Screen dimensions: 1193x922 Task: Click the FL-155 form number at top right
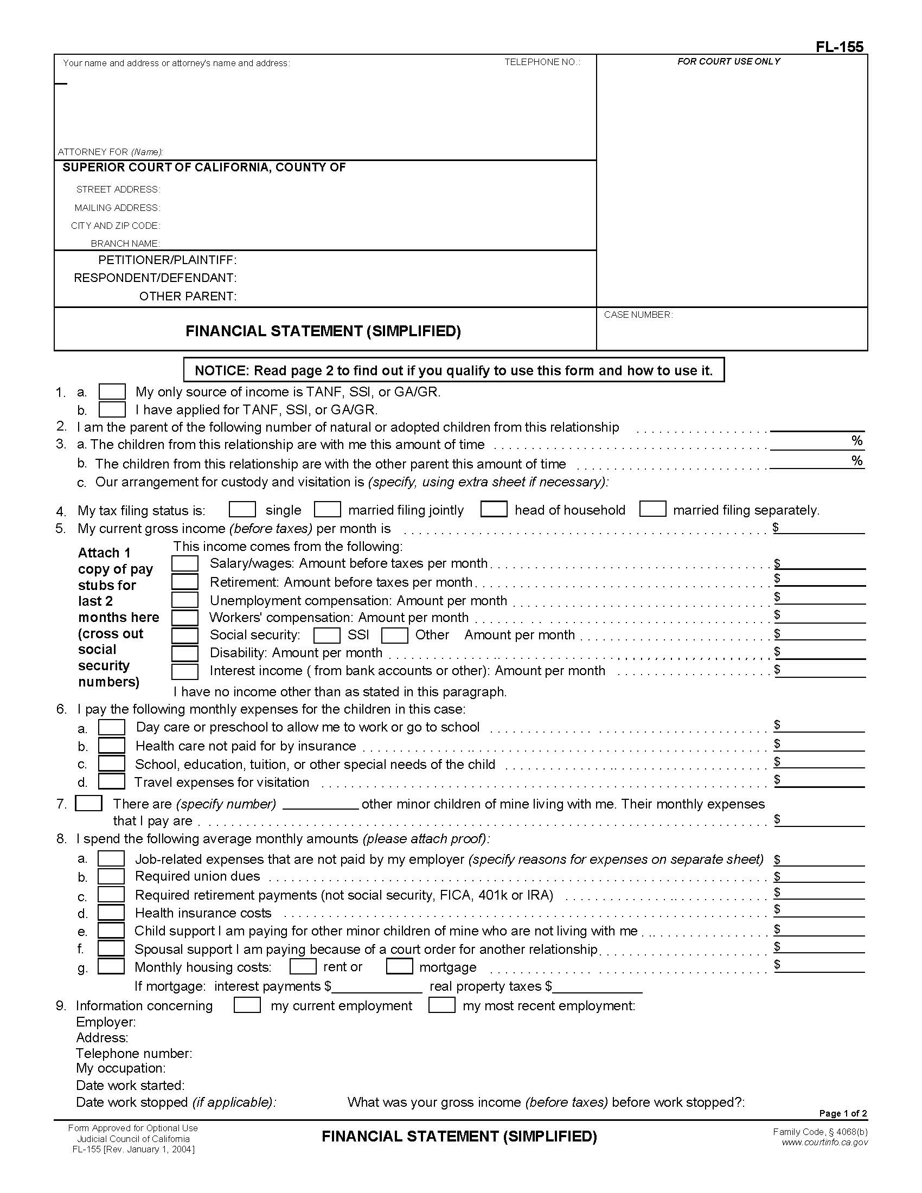(x=840, y=47)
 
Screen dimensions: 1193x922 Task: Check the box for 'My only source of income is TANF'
(x=112, y=392)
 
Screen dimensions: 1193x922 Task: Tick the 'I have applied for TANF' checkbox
(x=112, y=409)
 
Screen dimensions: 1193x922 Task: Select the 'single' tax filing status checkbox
(x=242, y=510)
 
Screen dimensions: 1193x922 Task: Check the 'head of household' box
(x=494, y=509)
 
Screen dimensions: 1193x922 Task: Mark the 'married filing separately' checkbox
(x=652, y=509)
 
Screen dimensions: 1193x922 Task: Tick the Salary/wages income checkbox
(x=184, y=563)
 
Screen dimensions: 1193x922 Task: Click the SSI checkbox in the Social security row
(x=327, y=636)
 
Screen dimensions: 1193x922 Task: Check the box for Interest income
(x=184, y=671)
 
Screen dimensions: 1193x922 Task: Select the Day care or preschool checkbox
(x=111, y=727)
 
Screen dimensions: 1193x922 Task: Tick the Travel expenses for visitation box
(x=111, y=781)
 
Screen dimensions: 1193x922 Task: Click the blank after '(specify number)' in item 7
(x=321, y=805)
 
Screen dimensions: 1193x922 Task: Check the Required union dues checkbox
(x=111, y=876)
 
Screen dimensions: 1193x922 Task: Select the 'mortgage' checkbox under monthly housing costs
(x=399, y=966)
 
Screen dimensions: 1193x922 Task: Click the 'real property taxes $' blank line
(x=598, y=987)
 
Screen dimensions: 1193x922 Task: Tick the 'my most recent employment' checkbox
(x=442, y=1005)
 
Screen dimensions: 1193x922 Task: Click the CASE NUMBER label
(x=638, y=315)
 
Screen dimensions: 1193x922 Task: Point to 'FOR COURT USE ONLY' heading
(x=728, y=61)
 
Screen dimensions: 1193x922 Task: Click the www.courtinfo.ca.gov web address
(x=824, y=1143)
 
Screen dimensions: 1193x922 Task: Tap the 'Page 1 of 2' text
(x=843, y=1113)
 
